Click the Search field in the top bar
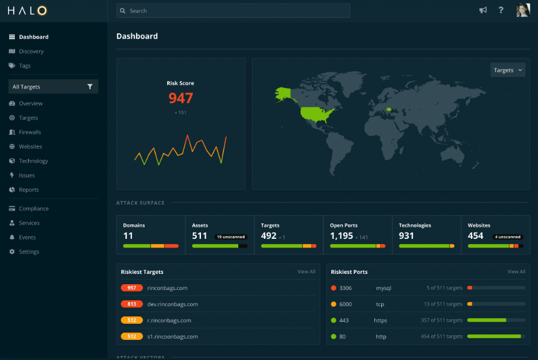click(x=233, y=11)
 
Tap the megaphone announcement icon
click(x=483, y=10)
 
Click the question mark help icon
click(x=501, y=10)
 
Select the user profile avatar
click(x=522, y=10)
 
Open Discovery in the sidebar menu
click(x=31, y=51)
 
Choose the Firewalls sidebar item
click(x=29, y=132)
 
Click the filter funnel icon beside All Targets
click(x=90, y=87)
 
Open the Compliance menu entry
click(x=33, y=208)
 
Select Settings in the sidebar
click(x=29, y=251)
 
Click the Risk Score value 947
click(x=180, y=98)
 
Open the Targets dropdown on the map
click(x=508, y=70)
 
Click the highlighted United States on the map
click(x=318, y=114)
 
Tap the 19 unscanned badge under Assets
click(x=231, y=237)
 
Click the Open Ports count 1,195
click(x=341, y=236)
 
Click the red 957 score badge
click(x=131, y=288)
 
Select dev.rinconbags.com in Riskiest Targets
click(x=172, y=304)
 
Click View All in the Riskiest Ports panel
click(x=516, y=272)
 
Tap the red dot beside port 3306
click(x=334, y=288)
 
